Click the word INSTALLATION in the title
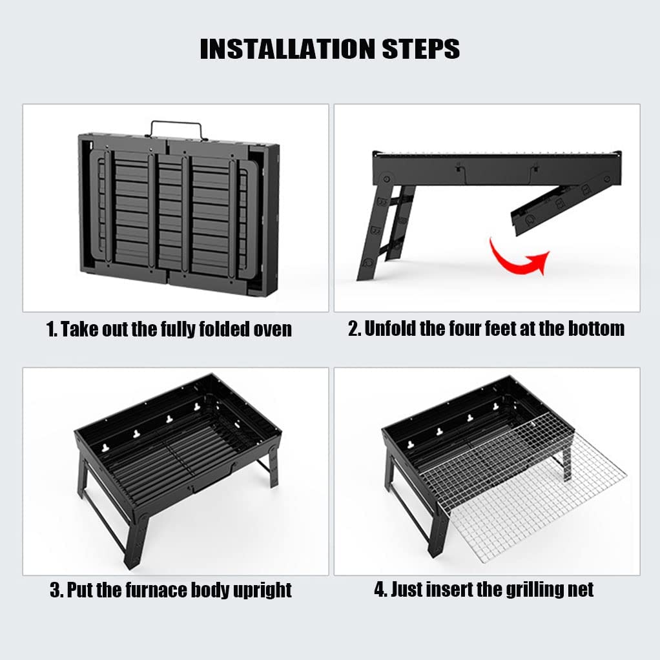(288, 49)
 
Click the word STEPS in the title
(421, 49)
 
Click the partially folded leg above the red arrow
(564, 202)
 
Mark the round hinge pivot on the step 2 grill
(386, 178)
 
